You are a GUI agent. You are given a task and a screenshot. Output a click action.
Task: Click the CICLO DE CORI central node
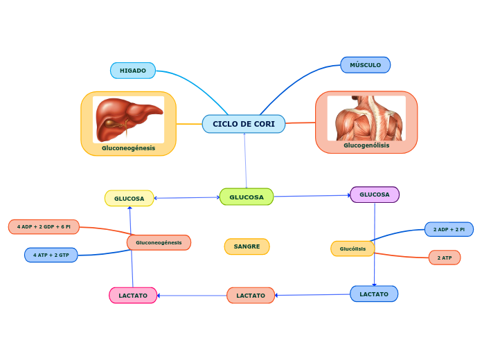pos(244,124)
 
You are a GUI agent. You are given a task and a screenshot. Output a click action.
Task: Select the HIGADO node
pos(133,71)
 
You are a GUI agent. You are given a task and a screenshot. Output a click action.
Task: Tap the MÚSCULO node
pos(365,65)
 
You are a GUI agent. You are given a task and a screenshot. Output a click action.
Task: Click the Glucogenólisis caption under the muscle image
pos(366,145)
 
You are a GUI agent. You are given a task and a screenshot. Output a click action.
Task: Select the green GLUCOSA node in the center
pos(247,197)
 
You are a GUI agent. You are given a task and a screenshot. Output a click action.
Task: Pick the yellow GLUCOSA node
pos(130,199)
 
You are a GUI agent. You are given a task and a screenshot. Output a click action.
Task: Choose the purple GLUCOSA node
pos(375,195)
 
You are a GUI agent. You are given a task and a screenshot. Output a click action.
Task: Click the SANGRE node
pos(247,246)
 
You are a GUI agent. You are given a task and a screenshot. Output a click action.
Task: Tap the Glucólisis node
pos(352,249)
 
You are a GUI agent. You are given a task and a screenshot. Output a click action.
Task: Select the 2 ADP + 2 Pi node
pos(449,229)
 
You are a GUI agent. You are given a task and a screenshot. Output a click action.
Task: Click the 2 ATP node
pos(445,258)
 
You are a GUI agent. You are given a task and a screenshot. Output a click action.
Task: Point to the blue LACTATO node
pos(374,294)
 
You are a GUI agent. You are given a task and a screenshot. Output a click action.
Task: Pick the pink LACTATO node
pos(133,296)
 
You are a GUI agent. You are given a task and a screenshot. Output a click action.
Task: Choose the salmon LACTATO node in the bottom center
pos(251,296)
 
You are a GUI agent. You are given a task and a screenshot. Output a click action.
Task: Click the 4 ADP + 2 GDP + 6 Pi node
pos(44,227)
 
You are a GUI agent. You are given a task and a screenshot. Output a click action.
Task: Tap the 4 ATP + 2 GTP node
pos(51,255)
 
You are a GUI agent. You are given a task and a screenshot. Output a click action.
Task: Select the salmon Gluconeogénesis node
pos(159,242)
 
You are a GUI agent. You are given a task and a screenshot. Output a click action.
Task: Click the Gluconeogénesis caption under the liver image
pos(128,148)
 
